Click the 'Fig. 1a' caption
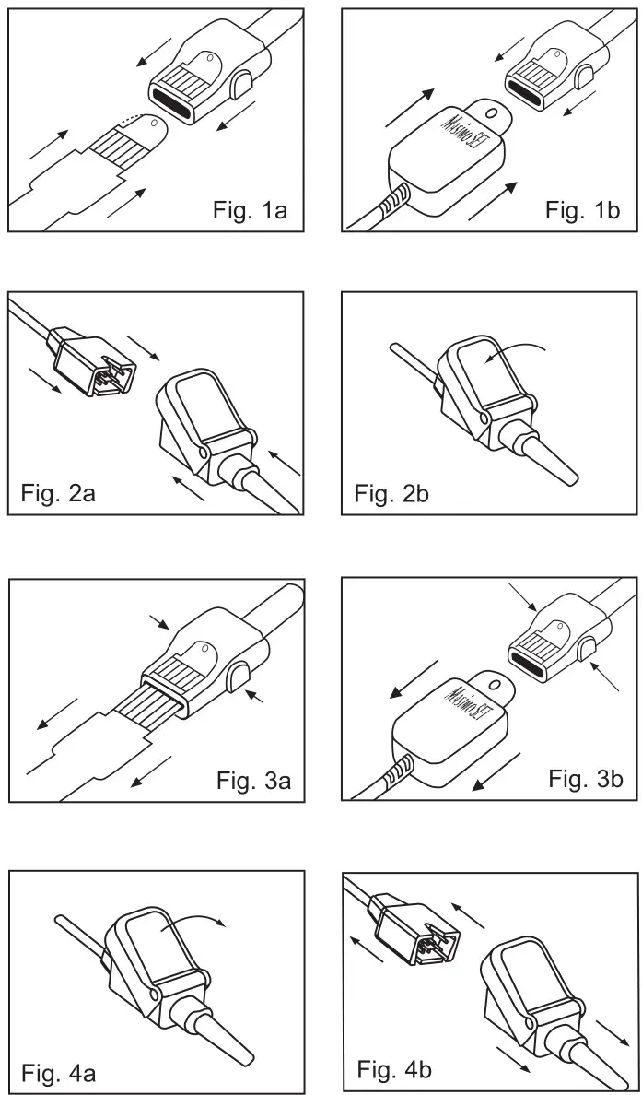250,210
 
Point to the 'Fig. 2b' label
391,495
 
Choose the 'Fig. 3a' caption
254,781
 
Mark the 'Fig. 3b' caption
586,779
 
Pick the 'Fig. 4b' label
394,1070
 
